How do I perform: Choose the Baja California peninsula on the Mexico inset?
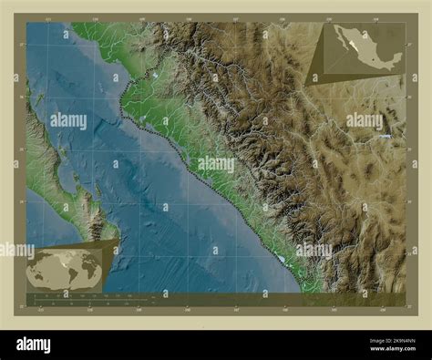(x=340, y=41)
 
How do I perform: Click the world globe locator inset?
(x=64, y=269)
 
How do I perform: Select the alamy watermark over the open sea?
(x=69, y=120)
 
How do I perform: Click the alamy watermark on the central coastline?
(x=216, y=165)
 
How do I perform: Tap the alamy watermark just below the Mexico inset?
(x=364, y=120)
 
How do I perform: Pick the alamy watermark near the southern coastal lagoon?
(x=314, y=250)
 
